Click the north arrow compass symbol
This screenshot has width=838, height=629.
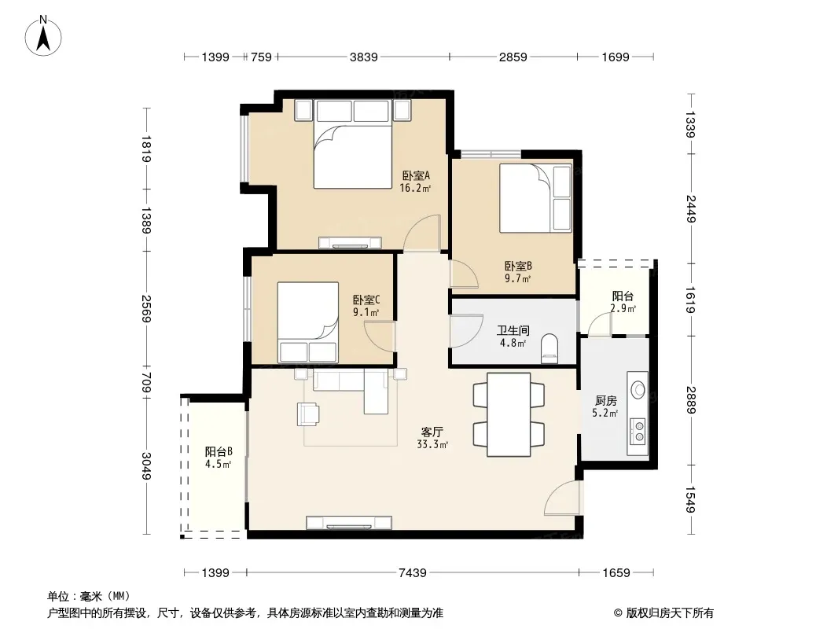click(x=43, y=36)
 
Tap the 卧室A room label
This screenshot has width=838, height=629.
click(x=416, y=175)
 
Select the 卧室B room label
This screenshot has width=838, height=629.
click(x=518, y=266)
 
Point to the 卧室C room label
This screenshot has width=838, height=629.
click(x=366, y=300)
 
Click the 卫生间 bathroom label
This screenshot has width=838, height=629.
click(x=513, y=330)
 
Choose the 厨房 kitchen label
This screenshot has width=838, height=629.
click(x=605, y=400)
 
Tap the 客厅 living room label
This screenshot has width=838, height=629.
click(x=432, y=432)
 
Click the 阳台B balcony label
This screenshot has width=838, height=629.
click(x=218, y=451)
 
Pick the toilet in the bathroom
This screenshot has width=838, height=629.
click(x=549, y=348)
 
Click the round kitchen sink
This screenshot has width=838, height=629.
click(x=638, y=389)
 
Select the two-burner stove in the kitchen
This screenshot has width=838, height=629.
click(x=638, y=432)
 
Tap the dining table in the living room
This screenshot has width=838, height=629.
click(x=509, y=414)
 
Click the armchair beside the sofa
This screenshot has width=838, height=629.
click(x=308, y=414)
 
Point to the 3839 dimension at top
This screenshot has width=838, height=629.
click(x=363, y=57)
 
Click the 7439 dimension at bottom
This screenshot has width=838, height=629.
click(x=413, y=573)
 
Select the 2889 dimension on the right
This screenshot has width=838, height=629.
click(x=690, y=400)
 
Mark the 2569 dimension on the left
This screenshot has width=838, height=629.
click(x=146, y=309)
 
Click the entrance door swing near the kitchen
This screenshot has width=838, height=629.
click(x=562, y=498)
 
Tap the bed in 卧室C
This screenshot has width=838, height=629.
click(x=308, y=322)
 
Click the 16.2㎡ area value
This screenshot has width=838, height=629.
click(x=415, y=188)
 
